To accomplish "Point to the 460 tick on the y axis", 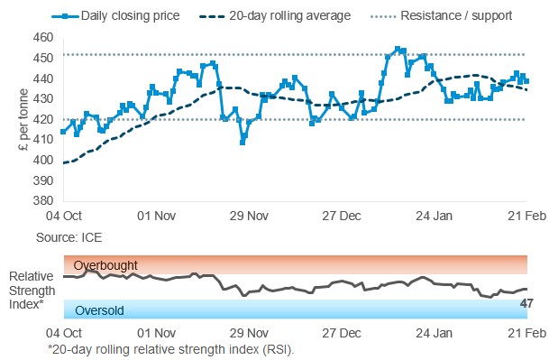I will [x=42, y=38].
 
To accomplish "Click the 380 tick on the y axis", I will [x=42, y=200].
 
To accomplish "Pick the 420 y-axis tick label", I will [x=42, y=119].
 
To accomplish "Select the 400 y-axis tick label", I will [x=42, y=160].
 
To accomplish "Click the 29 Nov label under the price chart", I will [x=248, y=217].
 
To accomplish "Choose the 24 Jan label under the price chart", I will [x=432, y=217].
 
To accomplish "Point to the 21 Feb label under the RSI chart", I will [x=524, y=333].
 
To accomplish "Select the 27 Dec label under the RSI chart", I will [x=342, y=333].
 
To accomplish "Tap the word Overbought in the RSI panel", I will [x=106, y=265].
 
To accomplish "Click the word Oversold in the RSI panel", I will [x=99, y=311].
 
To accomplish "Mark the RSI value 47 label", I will [x=526, y=303].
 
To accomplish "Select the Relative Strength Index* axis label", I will [x=32, y=289].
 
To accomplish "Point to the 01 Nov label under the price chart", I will [x=157, y=217].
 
